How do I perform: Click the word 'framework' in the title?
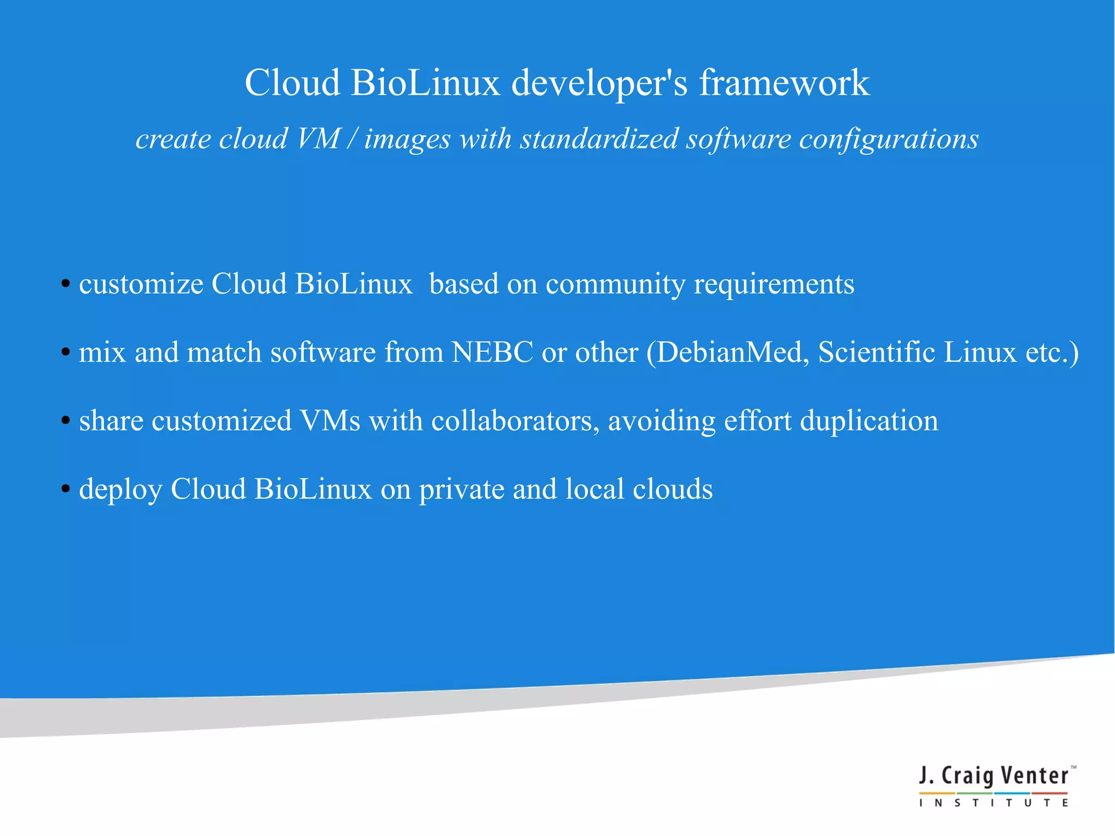pos(784,83)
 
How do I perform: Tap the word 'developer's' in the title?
pos(599,83)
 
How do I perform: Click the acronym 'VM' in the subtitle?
pos(318,138)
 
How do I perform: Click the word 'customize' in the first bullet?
pos(141,284)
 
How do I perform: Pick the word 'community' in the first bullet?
pos(615,285)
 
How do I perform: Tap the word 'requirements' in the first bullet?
pos(774,285)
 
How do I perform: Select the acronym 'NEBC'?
pos(492,352)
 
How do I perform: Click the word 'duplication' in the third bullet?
pos(869,422)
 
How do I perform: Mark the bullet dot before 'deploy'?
pos(65,489)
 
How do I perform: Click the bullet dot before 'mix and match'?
pos(65,352)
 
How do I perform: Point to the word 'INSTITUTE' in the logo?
pos(994,803)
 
